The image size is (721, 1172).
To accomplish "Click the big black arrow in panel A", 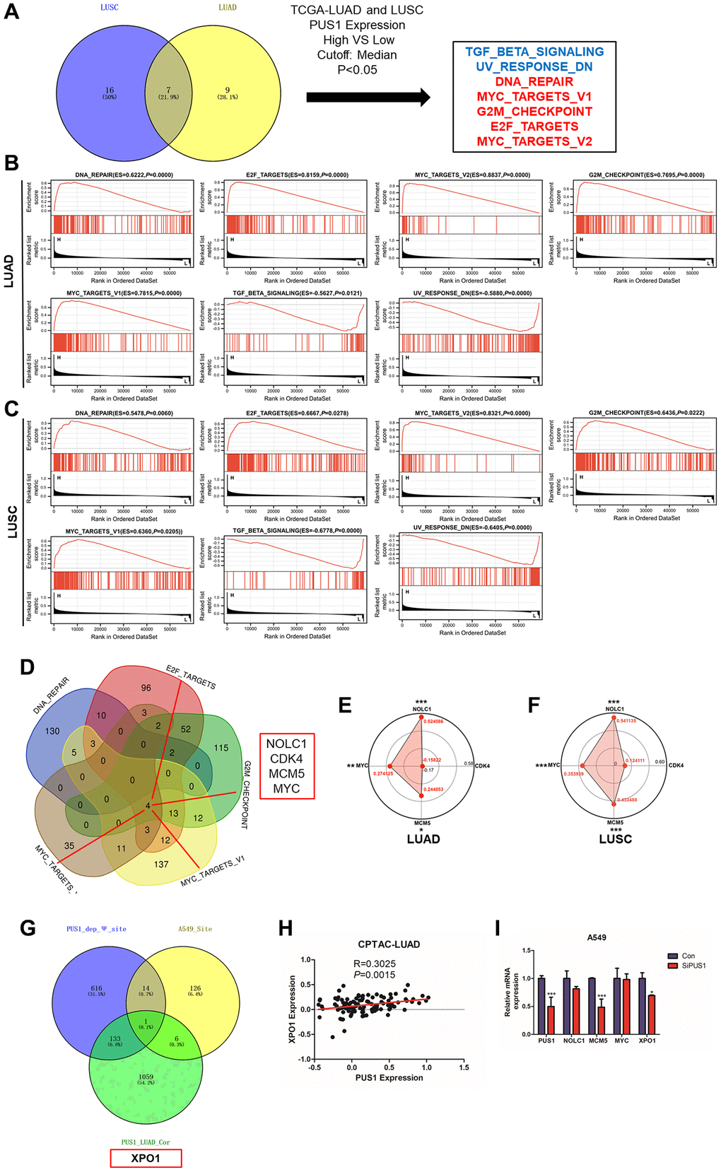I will click(x=368, y=98).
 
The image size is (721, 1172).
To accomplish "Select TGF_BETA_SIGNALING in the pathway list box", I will click(x=534, y=52).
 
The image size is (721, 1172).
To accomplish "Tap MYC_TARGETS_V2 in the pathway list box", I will click(x=534, y=141).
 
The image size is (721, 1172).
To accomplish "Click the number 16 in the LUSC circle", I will click(x=110, y=90).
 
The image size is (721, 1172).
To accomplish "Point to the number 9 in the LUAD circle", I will click(x=228, y=90).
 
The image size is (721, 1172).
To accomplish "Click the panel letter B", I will click(x=11, y=163).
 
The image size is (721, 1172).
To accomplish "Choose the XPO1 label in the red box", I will click(x=146, y=1158).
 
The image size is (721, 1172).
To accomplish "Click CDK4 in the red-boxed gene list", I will click(x=286, y=758).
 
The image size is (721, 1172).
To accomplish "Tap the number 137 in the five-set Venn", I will click(x=161, y=864).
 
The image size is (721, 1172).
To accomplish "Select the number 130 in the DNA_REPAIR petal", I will click(x=52, y=731).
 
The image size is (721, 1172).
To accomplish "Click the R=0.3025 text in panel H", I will click(x=375, y=963).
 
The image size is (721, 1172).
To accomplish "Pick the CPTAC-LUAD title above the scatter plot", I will click(x=389, y=944).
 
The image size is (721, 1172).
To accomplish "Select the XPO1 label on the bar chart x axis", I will click(x=647, y=1041).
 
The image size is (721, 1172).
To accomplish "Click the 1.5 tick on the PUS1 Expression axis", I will click(x=464, y=1067).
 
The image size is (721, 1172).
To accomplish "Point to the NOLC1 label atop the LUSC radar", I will click(x=615, y=709).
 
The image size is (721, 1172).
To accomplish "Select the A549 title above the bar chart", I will click(x=596, y=937).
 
